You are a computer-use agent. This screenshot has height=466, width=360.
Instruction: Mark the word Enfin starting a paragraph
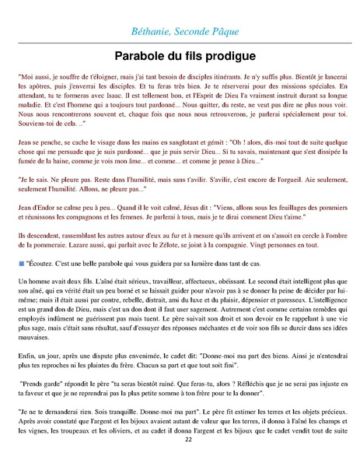26,352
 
